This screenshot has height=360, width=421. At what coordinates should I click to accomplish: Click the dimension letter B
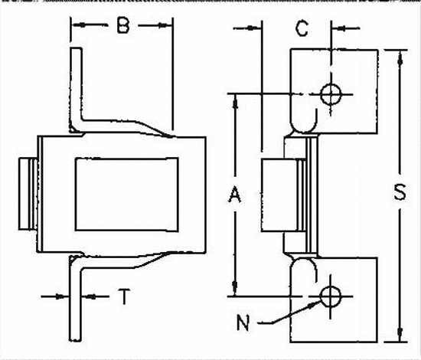[x=123, y=25]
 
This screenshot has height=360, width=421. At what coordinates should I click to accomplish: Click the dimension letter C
[x=302, y=28]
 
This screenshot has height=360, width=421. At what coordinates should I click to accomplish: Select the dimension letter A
[x=235, y=195]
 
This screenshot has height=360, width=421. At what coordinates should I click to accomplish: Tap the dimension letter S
[x=400, y=191]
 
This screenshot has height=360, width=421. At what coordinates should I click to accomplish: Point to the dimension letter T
[x=124, y=296]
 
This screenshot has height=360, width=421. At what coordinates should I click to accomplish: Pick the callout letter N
[x=243, y=322]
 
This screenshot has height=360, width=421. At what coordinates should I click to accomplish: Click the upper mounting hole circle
[x=331, y=94]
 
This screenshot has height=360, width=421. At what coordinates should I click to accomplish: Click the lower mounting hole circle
[x=331, y=296]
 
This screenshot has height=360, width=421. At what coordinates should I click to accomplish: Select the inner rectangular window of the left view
[x=127, y=195]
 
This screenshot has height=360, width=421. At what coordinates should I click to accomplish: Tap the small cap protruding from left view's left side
[x=28, y=194]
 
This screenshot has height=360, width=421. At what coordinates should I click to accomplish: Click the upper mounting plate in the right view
[x=334, y=91]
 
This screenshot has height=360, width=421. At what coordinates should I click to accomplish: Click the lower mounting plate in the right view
[x=334, y=300]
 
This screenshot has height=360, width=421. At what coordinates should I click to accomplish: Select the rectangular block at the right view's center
[x=280, y=195]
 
